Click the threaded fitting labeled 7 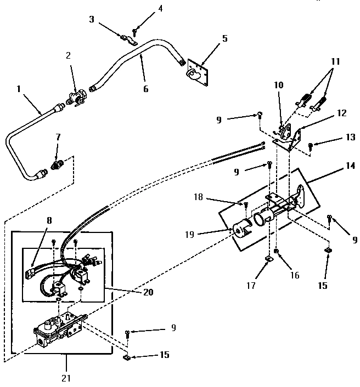coord(56,163)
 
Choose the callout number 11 coord(335,62)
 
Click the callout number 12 coord(341,113)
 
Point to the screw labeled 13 coord(310,145)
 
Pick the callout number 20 coord(148,292)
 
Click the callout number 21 coord(66,378)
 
